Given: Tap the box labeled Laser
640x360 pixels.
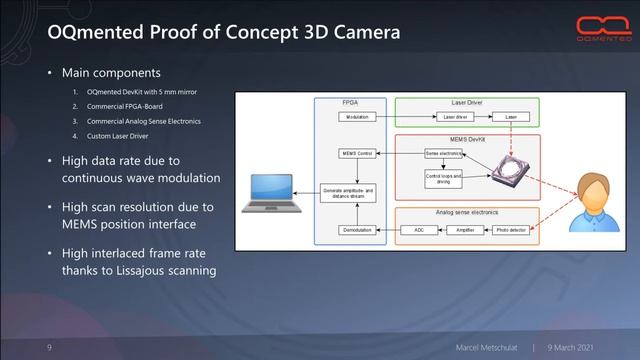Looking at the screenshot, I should (510, 117).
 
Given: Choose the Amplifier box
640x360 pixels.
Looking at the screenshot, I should (464, 229).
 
